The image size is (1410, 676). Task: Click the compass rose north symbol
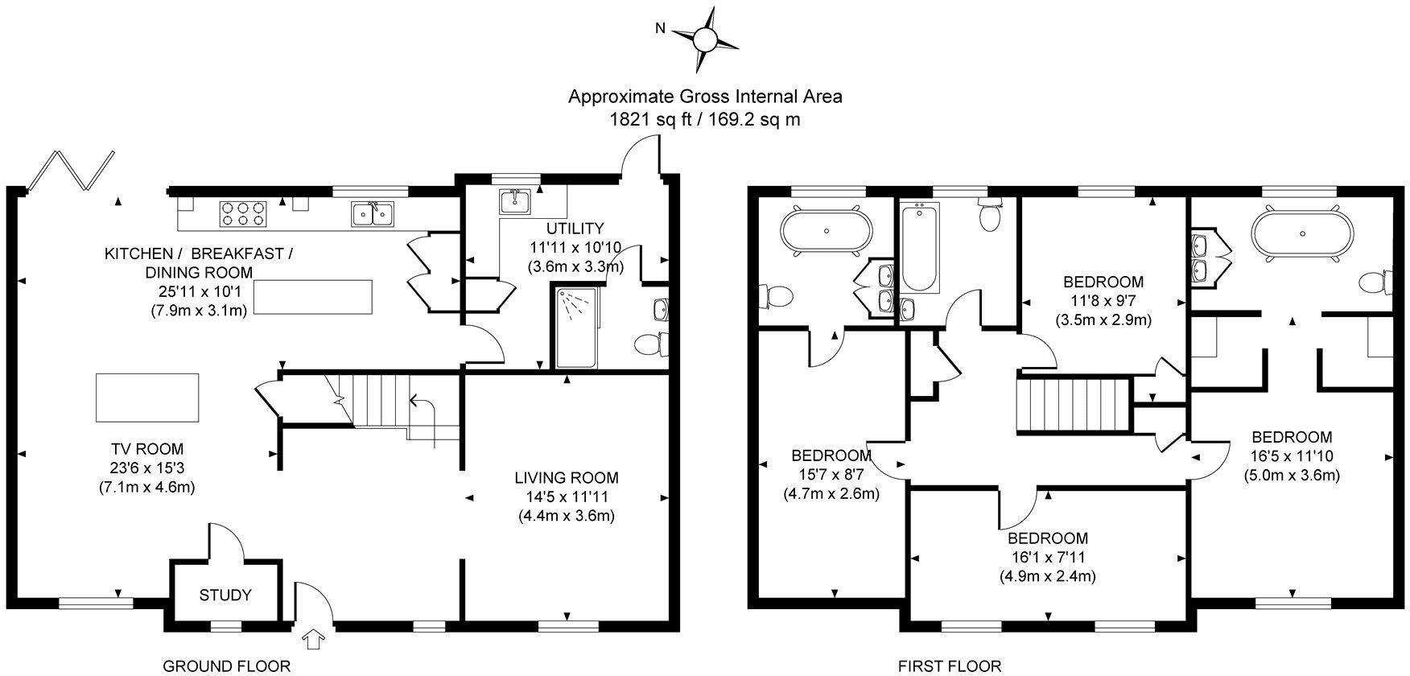coord(704,38)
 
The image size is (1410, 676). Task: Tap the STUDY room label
coord(225,596)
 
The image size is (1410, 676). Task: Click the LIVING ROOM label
coord(567,478)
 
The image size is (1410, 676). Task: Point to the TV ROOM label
coord(147,449)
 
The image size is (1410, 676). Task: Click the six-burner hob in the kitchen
coord(242,212)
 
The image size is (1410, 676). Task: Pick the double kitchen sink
coord(373,212)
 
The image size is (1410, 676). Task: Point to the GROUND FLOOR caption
coord(226,666)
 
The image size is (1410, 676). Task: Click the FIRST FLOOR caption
coord(950,666)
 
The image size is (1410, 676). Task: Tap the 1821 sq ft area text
coord(704,120)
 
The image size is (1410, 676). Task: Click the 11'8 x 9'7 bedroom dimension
coord(1103,300)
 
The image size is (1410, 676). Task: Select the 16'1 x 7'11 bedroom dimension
coord(1048,557)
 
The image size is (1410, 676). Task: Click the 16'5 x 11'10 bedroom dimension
coord(1292,456)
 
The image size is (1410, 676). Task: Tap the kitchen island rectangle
coord(314,297)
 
